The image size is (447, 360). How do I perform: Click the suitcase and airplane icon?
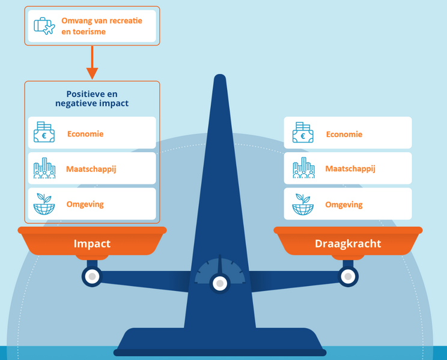pos(44,26)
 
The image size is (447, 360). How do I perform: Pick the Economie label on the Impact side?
pos(85,134)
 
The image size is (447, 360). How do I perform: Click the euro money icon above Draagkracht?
pos(303,133)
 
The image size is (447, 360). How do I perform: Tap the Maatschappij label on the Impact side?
pos(91,169)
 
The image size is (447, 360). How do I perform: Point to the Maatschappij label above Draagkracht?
pos(350,169)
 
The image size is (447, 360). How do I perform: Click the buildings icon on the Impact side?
pos(44,169)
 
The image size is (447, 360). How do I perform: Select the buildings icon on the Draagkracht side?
pos(303,169)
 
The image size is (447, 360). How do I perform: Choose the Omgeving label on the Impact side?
pos(85,204)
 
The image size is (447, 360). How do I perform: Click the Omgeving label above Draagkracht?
pos(344,204)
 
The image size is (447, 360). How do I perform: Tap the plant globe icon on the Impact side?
pos(44,204)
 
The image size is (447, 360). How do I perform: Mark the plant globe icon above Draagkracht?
pos(303,204)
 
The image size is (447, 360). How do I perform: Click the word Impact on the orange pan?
pos(92,243)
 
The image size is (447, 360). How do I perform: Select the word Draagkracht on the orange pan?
pos(347,243)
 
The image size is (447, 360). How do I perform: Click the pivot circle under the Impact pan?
pos(92,276)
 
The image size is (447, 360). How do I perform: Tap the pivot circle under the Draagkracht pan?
pos(347,276)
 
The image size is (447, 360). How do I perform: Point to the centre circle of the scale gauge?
pos(220,283)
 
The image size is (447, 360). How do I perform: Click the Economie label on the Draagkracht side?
pos(344,134)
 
